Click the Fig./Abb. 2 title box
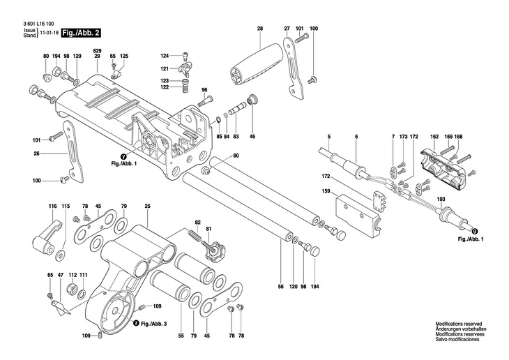[x=81, y=33]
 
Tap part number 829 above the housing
[x=97, y=51]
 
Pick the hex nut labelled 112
[x=71, y=288]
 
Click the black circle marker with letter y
[x=123, y=157]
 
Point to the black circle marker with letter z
[x=137, y=323]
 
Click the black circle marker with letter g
[x=475, y=232]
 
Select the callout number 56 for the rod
[x=281, y=286]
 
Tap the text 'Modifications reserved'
[x=458, y=324]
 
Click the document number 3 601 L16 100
[x=39, y=24]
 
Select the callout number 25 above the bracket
[x=148, y=206]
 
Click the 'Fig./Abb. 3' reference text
[x=154, y=324]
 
